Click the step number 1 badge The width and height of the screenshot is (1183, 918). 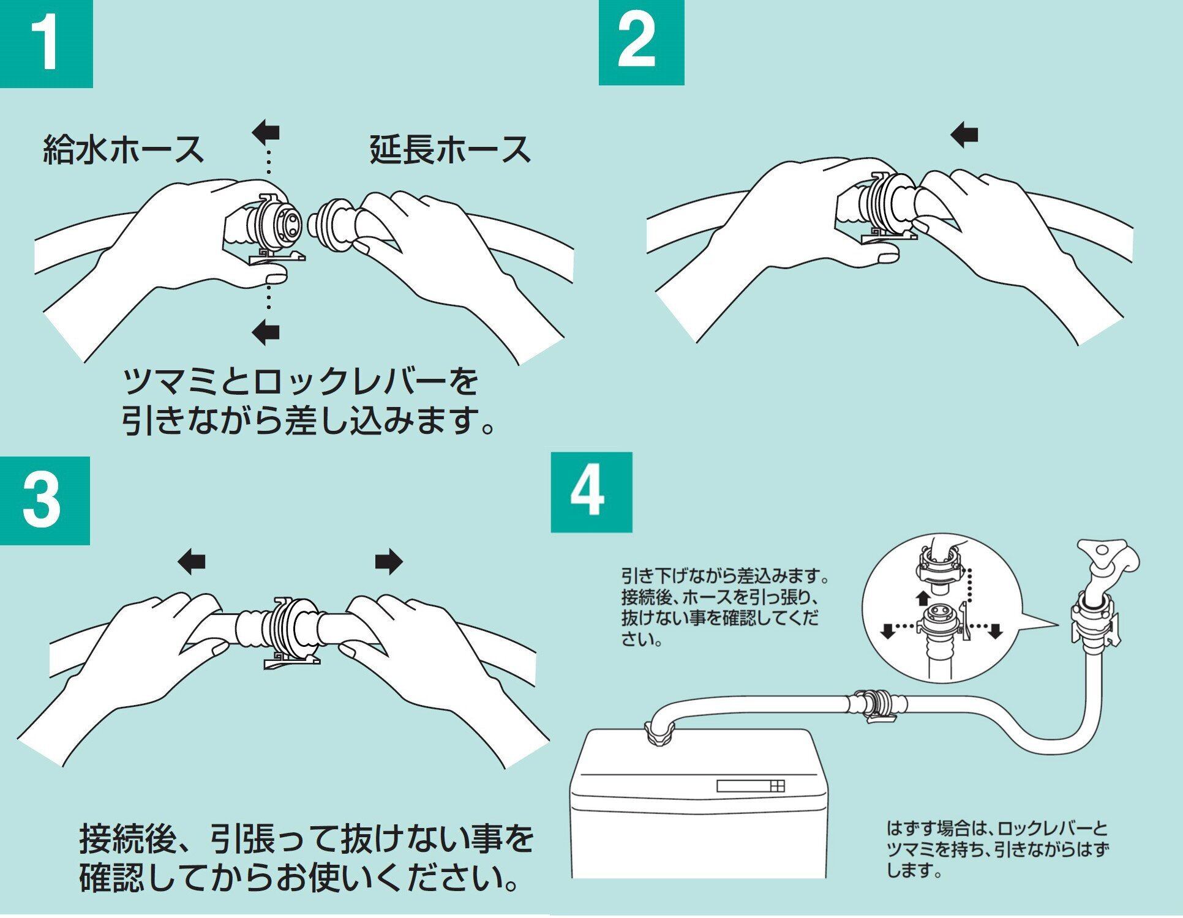[x=46, y=44]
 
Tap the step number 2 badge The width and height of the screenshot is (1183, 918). [x=640, y=43]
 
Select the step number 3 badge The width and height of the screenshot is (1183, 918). [x=44, y=500]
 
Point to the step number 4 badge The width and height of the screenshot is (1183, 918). [x=591, y=493]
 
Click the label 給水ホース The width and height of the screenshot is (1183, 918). [x=123, y=149]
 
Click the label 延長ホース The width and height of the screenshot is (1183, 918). [x=450, y=149]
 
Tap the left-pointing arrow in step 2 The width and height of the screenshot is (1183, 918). [x=966, y=135]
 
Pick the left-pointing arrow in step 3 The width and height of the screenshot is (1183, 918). [x=192, y=562]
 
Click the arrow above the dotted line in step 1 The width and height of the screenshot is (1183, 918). [x=266, y=131]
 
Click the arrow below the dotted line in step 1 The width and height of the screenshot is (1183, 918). [x=266, y=332]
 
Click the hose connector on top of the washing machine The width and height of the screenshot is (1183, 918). [x=660, y=732]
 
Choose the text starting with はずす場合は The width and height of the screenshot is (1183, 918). [x=997, y=850]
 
